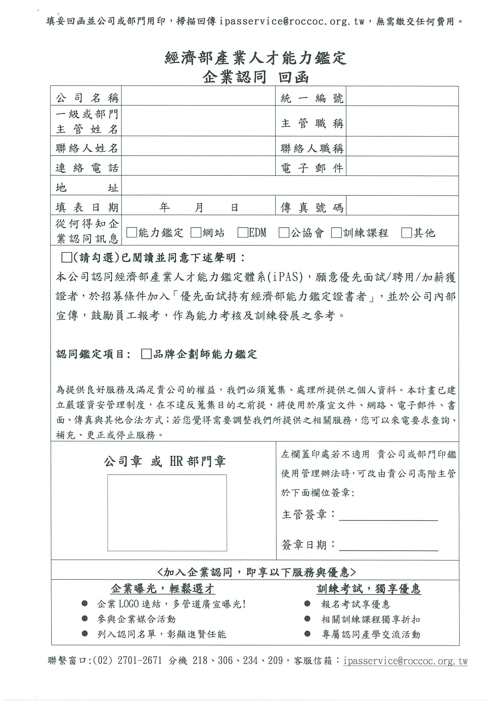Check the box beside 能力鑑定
coord(132,233)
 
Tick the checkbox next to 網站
coord(196,233)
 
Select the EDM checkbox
coord(243,233)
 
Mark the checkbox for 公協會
coord(284,233)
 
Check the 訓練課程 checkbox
coord(336,233)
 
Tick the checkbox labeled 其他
coord(406,233)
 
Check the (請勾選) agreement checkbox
coord(67,257)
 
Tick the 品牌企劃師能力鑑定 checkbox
coord(146,354)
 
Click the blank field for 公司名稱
coord(198,96)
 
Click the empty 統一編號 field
coord(402,96)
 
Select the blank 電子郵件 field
coord(402,166)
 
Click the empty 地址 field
coord(290,186)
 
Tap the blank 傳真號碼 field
coord(402,206)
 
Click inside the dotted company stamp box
coord(167,512)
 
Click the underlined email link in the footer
coord(405,660)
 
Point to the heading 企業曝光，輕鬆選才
coord(163,588)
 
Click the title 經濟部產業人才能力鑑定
coord(256,58)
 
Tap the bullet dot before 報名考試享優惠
coord(307,604)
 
